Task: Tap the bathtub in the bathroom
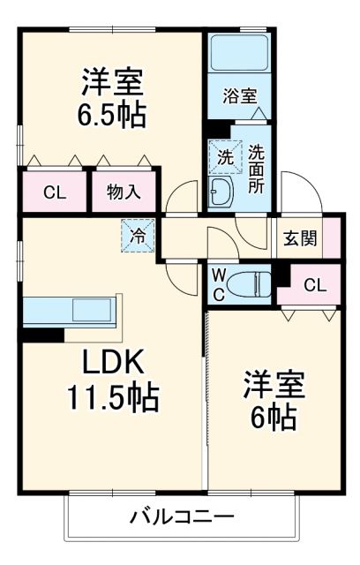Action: click(x=238, y=54)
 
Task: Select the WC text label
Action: click(x=217, y=282)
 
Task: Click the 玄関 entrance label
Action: click(x=299, y=237)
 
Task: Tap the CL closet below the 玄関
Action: click(x=313, y=284)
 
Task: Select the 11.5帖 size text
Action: click(x=112, y=399)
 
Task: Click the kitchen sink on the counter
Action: click(x=91, y=311)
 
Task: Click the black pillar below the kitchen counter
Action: click(x=41, y=335)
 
